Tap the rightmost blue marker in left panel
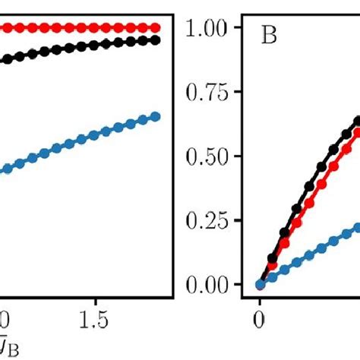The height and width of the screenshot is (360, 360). [156, 116]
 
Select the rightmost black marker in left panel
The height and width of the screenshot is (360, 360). [156, 39]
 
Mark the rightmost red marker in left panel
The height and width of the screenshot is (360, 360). [156, 28]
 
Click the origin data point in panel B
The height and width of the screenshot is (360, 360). [261, 285]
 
